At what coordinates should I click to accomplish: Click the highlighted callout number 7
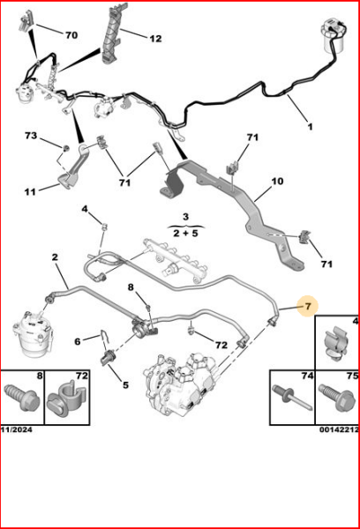pyautogui.click(x=308, y=307)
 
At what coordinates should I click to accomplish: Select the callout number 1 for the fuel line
pyautogui.click(x=310, y=127)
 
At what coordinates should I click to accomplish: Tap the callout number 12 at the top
pyautogui.click(x=154, y=38)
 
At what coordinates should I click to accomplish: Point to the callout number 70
pyautogui.click(x=71, y=34)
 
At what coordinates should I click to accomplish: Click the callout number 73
pyautogui.click(x=31, y=137)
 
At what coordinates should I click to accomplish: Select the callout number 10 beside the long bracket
pyautogui.click(x=276, y=182)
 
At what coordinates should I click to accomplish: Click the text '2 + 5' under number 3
pyautogui.click(x=185, y=234)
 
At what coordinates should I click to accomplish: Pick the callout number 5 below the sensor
pyautogui.click(x=124, y=384)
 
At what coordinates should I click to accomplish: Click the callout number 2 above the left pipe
pyautogui.click(x=54, y=258)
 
